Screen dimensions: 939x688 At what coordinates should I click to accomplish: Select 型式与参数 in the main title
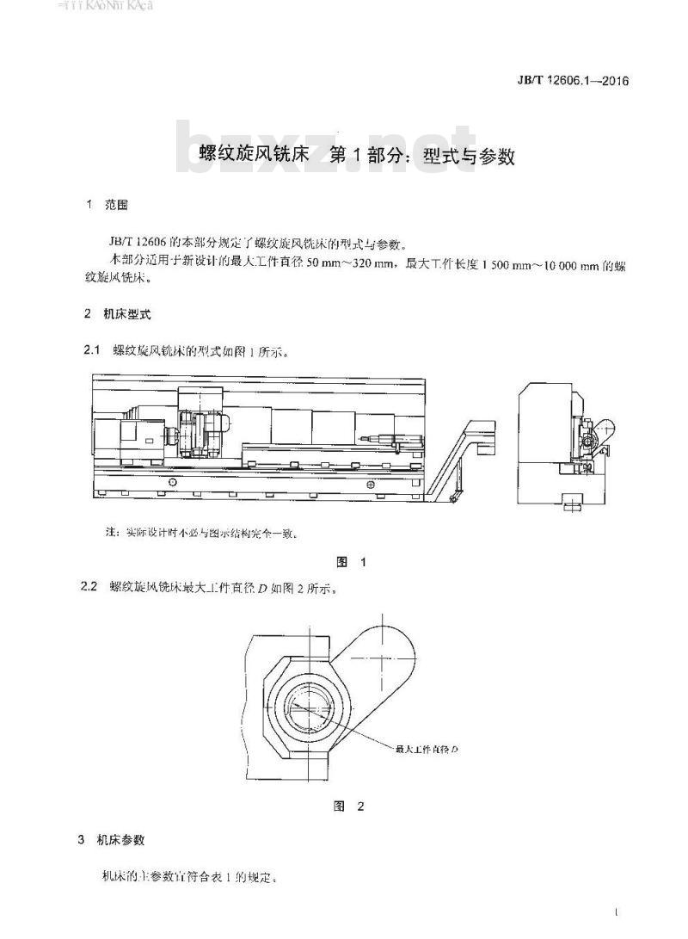click(470, 156)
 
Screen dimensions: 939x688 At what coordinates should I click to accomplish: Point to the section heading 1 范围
click(107, 206)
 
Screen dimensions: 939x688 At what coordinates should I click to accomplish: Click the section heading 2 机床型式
click(118, 314)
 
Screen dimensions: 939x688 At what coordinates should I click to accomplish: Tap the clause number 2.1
click(91, 351)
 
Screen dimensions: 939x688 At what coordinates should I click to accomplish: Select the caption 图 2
click(350, 806)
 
